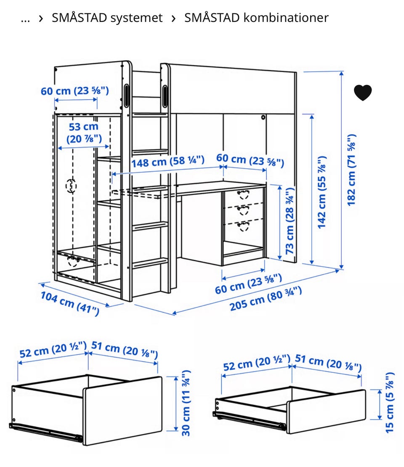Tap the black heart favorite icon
click(363, 93)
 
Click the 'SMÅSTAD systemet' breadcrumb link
click(107, 18)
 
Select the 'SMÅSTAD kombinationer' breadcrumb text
click(256, 18)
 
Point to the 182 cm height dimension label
click(351, 170)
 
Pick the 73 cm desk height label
click(290, 220)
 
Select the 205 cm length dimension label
click(266, 299)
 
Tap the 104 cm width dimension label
click(70, 303)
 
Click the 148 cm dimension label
click(168, 162)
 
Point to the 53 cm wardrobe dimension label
click(84, 133)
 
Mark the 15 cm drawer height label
click(389, 402)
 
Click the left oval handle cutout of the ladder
click(126, 96)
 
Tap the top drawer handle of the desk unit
click(243, 194)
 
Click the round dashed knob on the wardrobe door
click(71, 186)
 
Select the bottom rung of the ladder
click(150, 263)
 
